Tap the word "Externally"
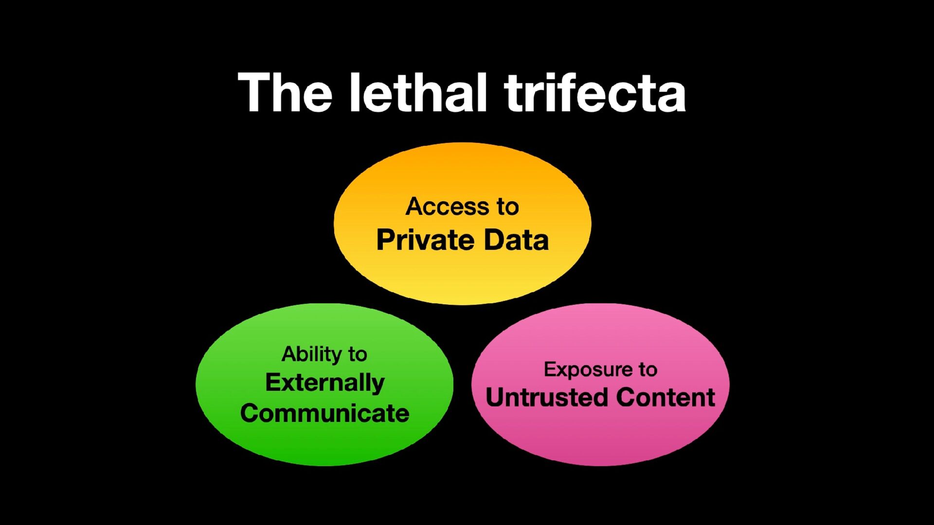point(324,383)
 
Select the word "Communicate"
point(324,413)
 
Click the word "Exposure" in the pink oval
point(586,370)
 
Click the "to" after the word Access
point(507,207)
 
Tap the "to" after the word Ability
point(358,355)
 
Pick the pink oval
point(600,437)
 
